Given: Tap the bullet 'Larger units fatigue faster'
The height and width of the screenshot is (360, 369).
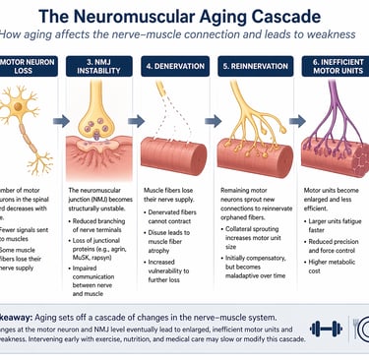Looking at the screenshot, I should (x=335, y=221).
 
